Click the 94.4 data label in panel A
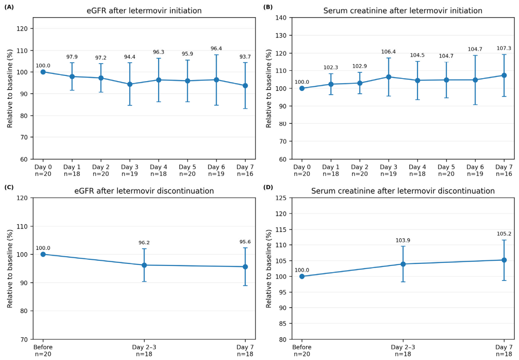129,57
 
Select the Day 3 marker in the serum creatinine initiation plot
388,77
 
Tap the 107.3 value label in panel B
504,48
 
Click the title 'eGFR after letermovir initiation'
144,10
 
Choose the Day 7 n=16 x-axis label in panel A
245,170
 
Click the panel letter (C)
9,187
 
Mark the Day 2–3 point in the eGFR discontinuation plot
144,265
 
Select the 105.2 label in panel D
504,234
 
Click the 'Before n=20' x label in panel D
302,350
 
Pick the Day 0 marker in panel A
43,72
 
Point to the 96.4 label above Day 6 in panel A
216,49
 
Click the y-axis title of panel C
10,269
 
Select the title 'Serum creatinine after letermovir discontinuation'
403,191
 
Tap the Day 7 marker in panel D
504,260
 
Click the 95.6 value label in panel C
245,242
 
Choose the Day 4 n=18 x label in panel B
417,170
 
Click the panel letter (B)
268,7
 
